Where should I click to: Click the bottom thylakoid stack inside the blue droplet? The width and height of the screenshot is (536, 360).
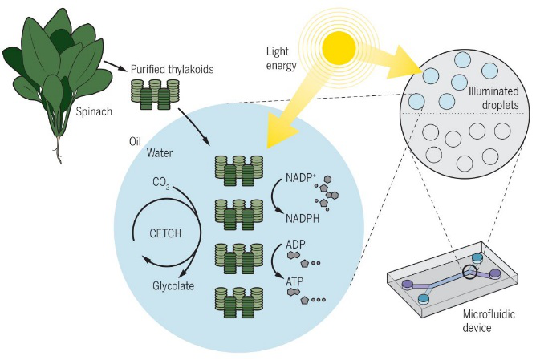pyautogui.click(x=238, y=300)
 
